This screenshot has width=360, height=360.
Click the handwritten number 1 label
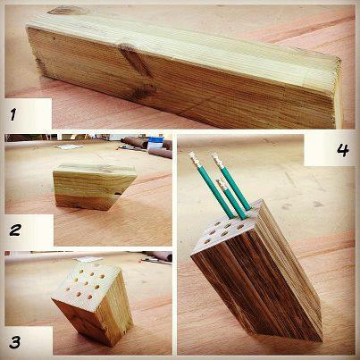pyautogui.click(x=13, y=114)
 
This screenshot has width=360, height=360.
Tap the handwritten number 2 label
pyautogui.click(x=15, y=230)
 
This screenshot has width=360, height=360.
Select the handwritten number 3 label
pyautogui.click(x=14, y=342)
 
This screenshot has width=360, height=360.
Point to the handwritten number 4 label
pyautogui.click(x=343, y=150)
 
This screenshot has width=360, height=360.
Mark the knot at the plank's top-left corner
pyautogui.click(x=66, y=11)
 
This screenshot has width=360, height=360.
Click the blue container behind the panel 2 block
pyautogui.click(x=155, y=143)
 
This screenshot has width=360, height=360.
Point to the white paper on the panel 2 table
pyautogui.click(x=70, y=147)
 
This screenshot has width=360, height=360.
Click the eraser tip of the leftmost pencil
pyautogui.click(x=193, y=157)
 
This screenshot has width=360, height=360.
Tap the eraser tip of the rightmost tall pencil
pyautogui.click(x=216, y=158)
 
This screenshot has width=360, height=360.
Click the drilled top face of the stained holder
pyautogui.click(x=226, y=230)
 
